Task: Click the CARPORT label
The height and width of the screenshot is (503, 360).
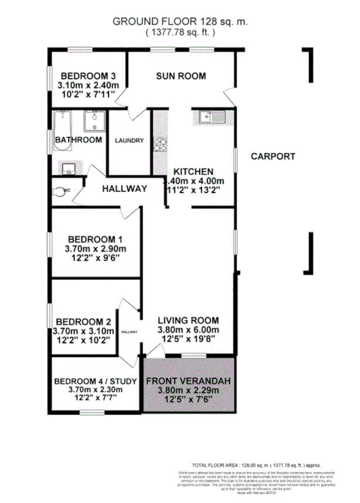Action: (273, 156)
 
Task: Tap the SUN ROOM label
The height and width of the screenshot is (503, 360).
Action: (180, 76)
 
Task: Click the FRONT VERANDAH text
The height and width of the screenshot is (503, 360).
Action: (188, 382)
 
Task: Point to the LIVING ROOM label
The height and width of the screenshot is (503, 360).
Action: (188, 320)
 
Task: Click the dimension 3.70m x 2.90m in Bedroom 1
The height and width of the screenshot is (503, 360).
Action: (95, 249)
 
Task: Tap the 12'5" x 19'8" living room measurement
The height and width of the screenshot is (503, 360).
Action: (188, 340)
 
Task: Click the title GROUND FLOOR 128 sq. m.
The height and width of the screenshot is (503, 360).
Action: (180, 22)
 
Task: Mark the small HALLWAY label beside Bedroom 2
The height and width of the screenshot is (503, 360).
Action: (129, 332)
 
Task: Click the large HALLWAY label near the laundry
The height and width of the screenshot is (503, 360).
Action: (124, 189)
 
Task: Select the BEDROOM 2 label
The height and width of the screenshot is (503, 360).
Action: (83, 321)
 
